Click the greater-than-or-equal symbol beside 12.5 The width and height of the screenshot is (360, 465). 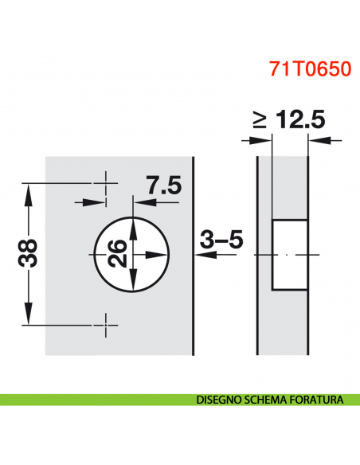click(x=260, y=122)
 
